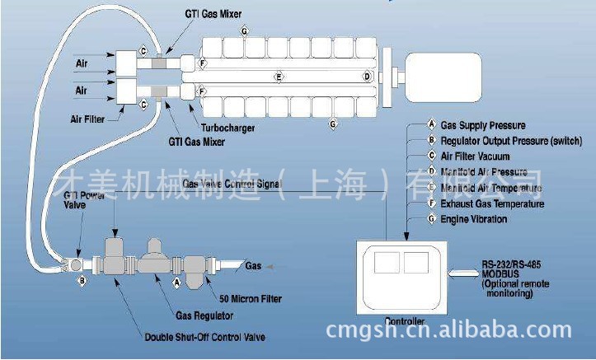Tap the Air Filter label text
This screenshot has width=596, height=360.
87,119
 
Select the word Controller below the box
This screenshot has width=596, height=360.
404,320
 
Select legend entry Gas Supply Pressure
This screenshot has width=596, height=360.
483,125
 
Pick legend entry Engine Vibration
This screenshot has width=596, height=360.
473,219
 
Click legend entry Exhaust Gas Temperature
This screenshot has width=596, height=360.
491,203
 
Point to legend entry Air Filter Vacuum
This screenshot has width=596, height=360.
475,157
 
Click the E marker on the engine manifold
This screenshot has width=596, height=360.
279,77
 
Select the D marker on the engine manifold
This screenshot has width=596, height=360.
367,77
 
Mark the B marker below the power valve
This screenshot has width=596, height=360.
82,281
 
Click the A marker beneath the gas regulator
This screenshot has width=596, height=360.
176,281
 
